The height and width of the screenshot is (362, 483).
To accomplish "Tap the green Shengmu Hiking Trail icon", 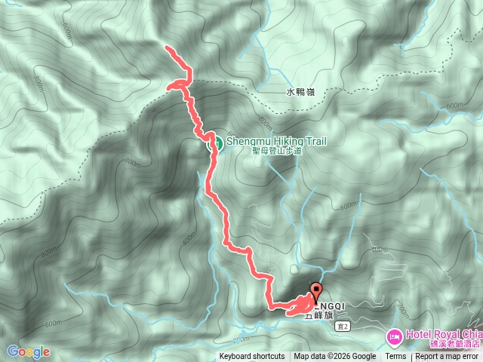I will (x=214, y=141).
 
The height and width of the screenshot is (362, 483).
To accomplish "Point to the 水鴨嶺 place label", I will (x=300, y=92).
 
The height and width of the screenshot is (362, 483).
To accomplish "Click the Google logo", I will (x=29, y=351).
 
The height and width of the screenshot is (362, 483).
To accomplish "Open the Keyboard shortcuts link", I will (x=252, y=357).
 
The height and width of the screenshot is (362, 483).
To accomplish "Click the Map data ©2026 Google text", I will (x=335, y=357).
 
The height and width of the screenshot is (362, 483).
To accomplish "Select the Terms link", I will (x=395, y=357).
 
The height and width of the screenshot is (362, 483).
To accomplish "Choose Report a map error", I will (x=448, y=357).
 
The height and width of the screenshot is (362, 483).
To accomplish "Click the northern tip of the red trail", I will (x=167, y=48).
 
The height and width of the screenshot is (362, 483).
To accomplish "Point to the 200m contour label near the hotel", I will (x=401, y=310).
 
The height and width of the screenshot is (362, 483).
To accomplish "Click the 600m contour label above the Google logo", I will (x=54, y=323).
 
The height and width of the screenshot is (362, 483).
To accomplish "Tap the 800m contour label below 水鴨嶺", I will (x=263, y=121).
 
